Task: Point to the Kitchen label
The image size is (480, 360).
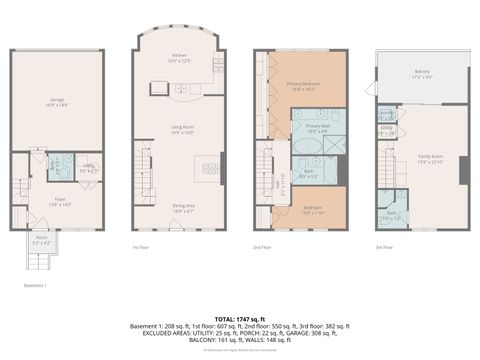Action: [180, 56]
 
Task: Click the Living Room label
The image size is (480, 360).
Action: [181, 128]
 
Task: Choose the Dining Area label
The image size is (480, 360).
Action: [183, 207]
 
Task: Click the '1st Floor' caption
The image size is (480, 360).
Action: [140, 246]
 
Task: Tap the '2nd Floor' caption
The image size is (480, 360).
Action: [262, 246]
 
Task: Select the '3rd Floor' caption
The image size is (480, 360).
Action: [384, 246]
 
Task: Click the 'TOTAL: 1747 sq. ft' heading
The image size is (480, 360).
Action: [240, 317]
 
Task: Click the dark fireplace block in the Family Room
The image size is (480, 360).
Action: [463, 171]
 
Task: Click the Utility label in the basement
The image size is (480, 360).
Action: [88, 169]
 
